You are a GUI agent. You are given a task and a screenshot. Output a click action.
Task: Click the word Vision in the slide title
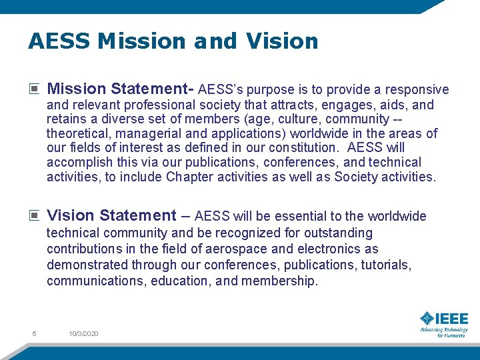pos(282,41)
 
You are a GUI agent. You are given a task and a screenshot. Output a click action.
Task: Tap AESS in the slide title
pos(59,41)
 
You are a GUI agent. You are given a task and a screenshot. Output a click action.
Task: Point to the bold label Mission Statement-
pos(121,89)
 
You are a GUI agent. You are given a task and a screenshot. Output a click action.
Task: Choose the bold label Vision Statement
pos(111,215)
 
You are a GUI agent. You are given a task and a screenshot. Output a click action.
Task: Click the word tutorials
pos(386,265)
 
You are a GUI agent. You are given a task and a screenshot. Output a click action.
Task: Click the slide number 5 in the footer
pos(34,333)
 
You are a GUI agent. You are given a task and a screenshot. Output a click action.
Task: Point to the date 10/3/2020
pos(83,333)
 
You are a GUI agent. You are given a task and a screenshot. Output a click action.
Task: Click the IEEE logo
pos(444,319)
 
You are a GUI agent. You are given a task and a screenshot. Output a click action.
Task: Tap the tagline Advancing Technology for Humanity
pos(444,332)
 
